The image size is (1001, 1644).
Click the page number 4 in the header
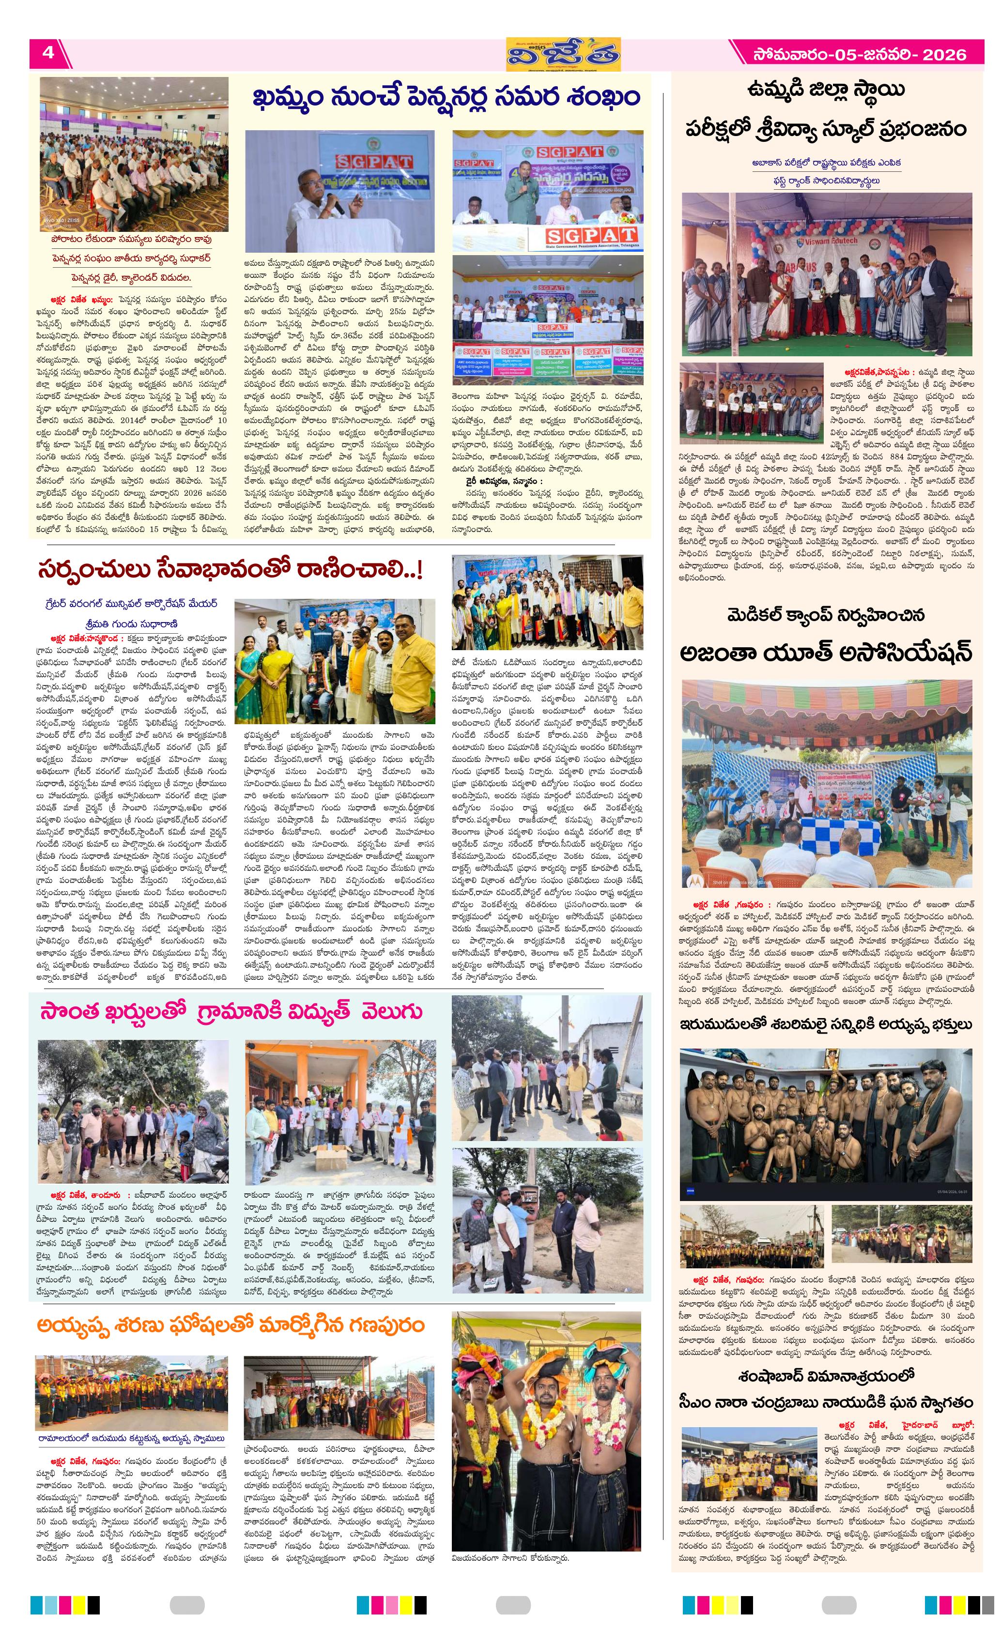(48, 52)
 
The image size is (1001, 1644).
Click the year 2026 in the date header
(943, 55)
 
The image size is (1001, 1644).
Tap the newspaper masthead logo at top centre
(563, 53)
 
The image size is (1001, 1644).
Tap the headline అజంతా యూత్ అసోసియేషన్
(826, 653)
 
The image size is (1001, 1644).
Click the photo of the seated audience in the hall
(134, 153)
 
